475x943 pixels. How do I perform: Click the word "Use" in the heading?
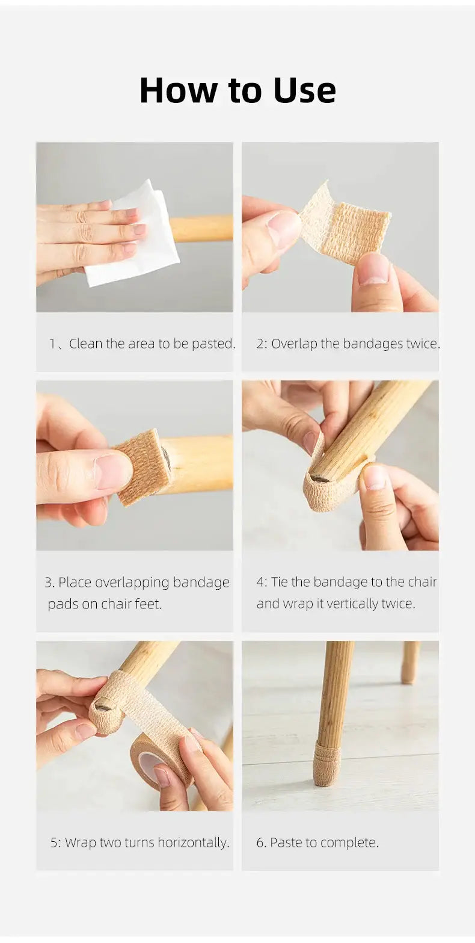tap(304, 90)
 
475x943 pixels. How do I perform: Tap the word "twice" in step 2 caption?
tap(423, 344)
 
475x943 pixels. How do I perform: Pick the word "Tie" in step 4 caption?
tap(280, 582)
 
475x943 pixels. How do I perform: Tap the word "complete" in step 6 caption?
tap(351, 843)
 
